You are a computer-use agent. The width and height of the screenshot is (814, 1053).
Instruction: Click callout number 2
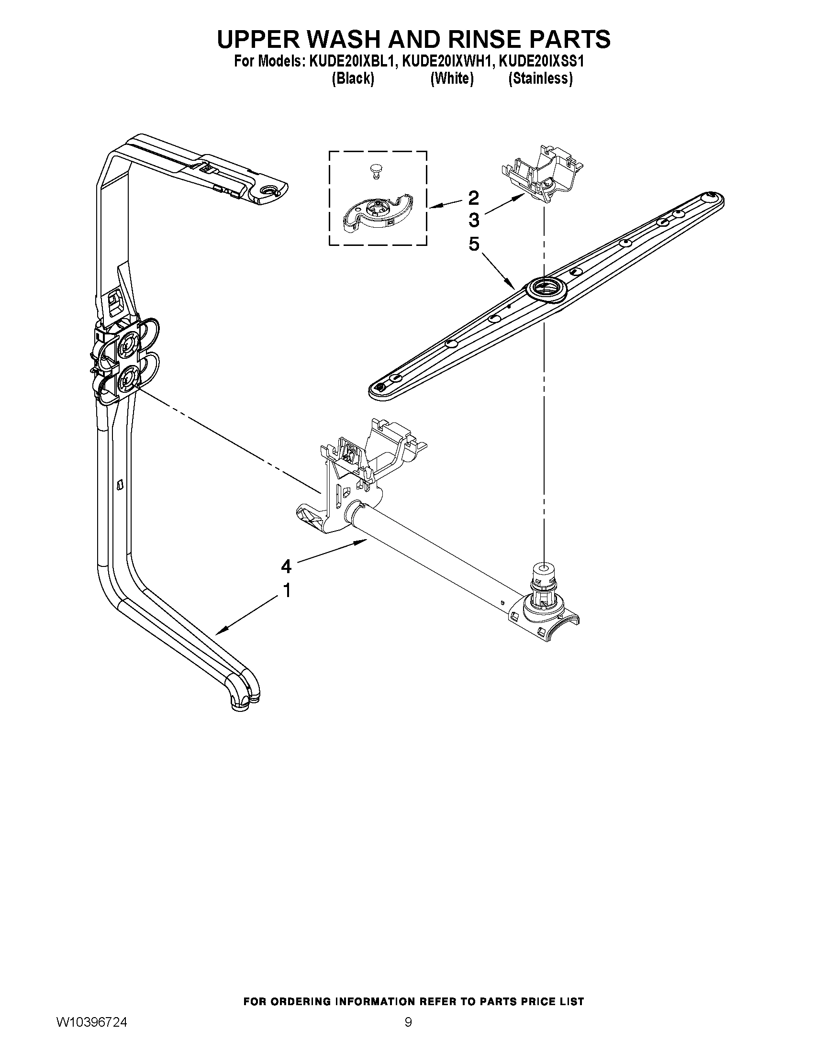pos(474,197)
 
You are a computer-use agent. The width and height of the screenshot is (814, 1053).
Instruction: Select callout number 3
pos(474,220)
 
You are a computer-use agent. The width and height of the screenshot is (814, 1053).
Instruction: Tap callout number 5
pos(474,244)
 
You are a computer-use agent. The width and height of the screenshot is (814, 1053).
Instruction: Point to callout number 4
pos(286,566)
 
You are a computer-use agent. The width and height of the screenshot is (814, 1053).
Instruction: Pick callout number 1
pos(287,590)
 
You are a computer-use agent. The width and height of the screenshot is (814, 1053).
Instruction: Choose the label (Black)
pos(353,78)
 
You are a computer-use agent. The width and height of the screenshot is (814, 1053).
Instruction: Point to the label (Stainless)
pos(541,78)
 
